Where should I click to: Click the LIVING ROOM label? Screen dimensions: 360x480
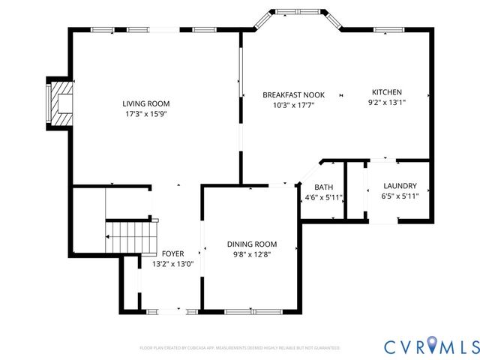146,103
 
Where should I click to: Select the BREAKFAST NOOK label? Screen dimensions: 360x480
293,94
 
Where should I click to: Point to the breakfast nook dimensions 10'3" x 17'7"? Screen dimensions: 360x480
293,105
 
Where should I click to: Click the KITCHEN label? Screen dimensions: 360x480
385,91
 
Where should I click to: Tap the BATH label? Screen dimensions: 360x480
323,187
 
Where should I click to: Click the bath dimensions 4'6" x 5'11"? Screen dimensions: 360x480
323,198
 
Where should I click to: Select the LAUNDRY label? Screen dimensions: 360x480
399,186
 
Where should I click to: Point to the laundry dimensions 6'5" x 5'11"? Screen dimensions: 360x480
399,196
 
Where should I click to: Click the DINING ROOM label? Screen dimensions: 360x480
252,244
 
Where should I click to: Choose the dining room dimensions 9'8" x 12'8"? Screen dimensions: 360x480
252,255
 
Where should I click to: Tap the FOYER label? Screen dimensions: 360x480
172,253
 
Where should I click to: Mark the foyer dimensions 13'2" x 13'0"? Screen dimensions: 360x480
172,264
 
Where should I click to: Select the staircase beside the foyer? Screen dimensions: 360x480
119,237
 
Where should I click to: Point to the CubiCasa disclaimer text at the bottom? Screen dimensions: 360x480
240,349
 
